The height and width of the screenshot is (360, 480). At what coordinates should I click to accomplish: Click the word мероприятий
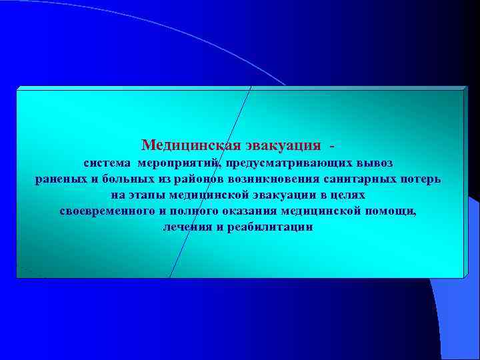pos(181,163)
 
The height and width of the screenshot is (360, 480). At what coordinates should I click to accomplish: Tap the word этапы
pos(147,195)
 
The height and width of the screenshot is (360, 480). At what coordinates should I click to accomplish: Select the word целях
pos(347,195)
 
